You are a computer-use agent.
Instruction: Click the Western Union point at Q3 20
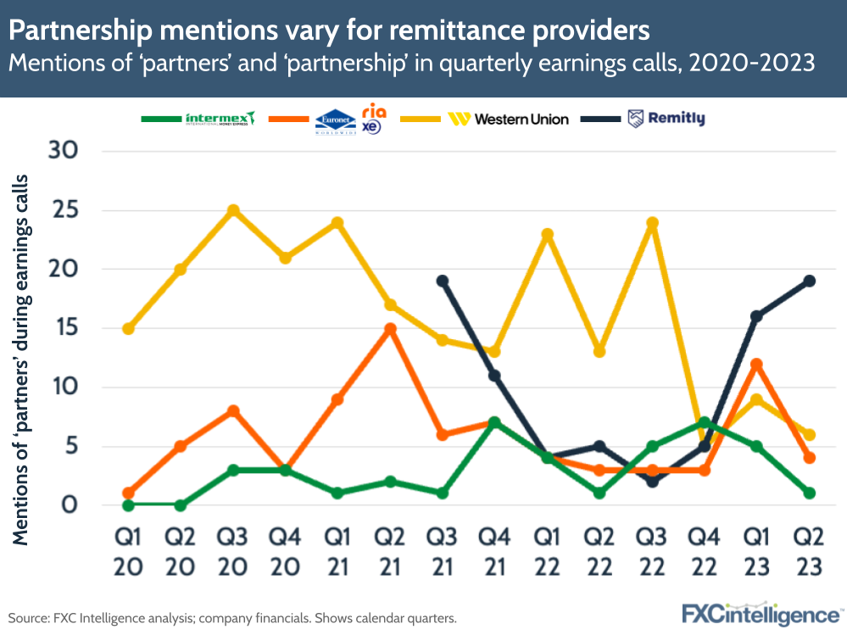233,210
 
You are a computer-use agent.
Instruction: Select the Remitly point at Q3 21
442,281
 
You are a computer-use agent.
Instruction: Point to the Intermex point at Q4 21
494,422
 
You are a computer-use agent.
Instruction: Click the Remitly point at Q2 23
809,281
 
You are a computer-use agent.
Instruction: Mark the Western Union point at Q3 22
652,223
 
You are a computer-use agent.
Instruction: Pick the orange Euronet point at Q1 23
756,364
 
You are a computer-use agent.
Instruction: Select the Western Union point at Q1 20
128,328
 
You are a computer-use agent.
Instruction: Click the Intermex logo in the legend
220,119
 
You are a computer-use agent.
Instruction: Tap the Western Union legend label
521,120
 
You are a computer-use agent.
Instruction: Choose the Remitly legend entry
666,119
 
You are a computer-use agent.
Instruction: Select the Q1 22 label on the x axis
547,551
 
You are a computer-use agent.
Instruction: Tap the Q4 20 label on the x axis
285,551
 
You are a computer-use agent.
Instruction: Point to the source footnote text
232,619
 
